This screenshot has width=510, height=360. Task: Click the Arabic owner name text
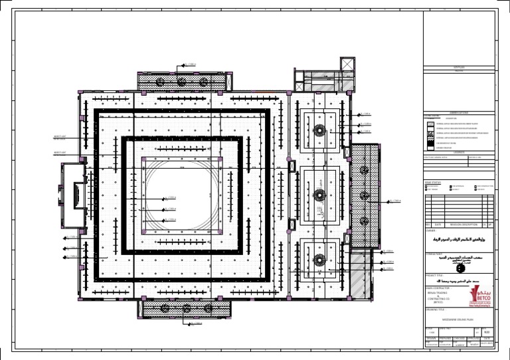465,238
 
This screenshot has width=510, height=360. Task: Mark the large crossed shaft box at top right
348,64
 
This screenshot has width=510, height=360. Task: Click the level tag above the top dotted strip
190,65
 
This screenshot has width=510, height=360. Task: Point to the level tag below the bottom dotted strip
193,325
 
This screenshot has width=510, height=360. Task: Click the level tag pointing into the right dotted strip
394,201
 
